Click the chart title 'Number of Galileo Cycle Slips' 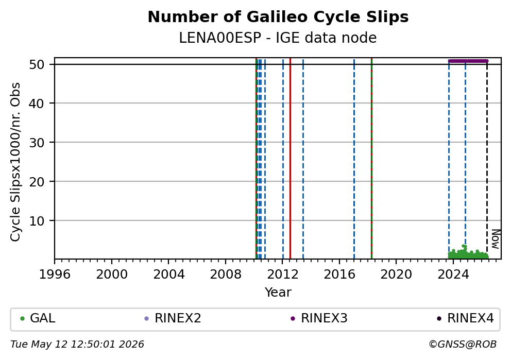(278, 17)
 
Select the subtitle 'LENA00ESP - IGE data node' (278, 38)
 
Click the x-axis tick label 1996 (55, 275)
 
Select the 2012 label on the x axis (283, 275)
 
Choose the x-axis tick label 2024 (453, 275)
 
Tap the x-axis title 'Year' (278, 292)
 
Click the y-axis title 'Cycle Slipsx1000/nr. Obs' (15, 162)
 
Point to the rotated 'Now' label (496, 239)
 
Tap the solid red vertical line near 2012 (291, 159)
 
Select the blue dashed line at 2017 (354, 159)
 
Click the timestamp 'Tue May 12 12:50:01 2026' (77, 345)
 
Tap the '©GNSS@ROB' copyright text (463, 345)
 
